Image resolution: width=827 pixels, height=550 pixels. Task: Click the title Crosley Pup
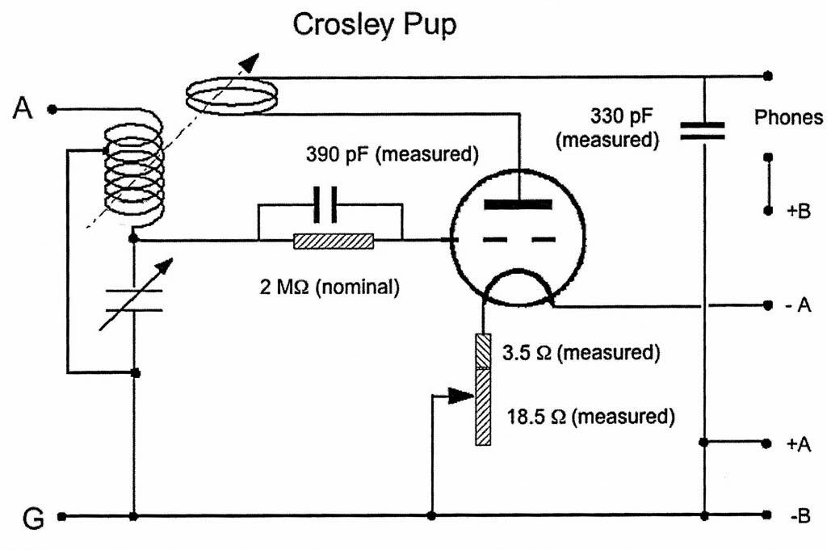pos(374,24)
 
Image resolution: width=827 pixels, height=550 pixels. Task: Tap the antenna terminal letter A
pos(23,107)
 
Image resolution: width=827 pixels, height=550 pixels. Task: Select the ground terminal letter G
pos(31,518)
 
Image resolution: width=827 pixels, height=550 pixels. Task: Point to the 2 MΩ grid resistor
pos(334,240)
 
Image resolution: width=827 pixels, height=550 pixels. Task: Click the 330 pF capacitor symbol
pos(702,131)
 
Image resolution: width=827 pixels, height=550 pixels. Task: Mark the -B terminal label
pos(798,515)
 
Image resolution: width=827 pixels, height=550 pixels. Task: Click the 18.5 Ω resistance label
pos(590,417)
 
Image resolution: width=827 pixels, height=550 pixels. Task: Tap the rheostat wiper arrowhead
pos(461,396)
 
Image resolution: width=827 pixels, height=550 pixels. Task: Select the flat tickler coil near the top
pos(230,96)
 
